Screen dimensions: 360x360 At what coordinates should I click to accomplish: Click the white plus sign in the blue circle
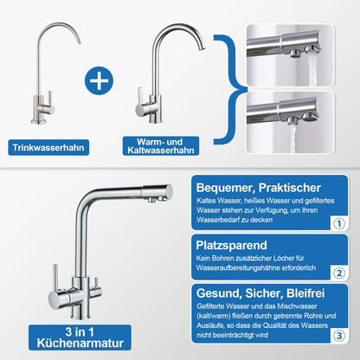click(x=99, y=80)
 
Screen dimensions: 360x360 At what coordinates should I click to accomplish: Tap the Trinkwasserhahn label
click(x=48, y=147)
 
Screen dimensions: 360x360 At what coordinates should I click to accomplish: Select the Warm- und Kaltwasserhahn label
click(x=161, y=146)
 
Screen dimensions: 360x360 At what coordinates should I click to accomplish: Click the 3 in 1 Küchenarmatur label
click(x=80, y=337)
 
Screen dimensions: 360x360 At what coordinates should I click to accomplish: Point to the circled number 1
click(x=339, y=223)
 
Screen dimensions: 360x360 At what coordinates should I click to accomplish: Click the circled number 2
click(x=339, y=273)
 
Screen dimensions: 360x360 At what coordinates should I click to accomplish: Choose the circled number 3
click(x=339, y=336)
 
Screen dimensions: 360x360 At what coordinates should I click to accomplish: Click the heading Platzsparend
click(x=231, y=246)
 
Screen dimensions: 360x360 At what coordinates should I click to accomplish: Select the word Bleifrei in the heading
click(x=305, y=293)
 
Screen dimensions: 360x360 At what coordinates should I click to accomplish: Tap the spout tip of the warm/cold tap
click(x=202, y=48)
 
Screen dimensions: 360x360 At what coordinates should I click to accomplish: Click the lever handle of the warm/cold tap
click(x=141, y=98)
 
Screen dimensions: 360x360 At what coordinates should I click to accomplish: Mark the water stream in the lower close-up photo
click(x=292, y=138)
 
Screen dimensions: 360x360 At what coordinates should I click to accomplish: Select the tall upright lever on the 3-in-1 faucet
click(x=55, y=278)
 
